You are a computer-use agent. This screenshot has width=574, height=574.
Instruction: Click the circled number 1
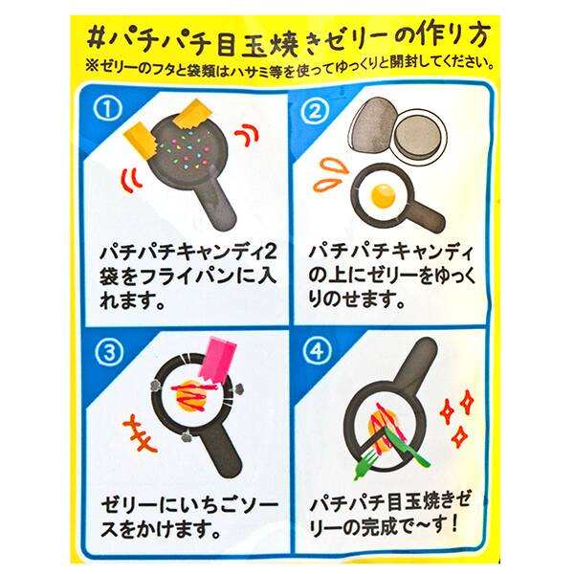click(x=106, y=109)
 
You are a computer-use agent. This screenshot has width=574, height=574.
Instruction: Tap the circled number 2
click(x=315, y=112)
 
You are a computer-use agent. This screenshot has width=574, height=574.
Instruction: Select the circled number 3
click(x=109, y=353)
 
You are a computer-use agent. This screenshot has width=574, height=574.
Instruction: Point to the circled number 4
click(x=317, y=352)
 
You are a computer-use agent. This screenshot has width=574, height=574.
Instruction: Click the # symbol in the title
click(x=97, y=38)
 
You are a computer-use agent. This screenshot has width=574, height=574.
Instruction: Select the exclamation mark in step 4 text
click(x=455, y=525)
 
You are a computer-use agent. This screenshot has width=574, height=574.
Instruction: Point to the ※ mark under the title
click(x=91, y=65)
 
